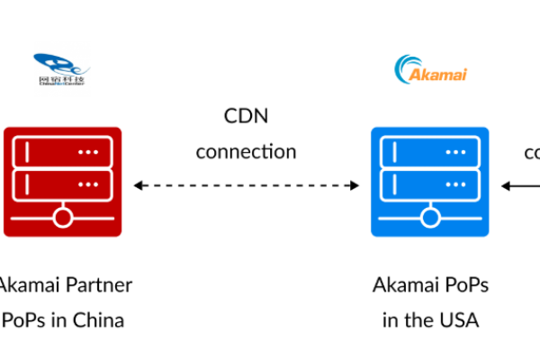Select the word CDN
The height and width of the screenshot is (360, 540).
[246, 116]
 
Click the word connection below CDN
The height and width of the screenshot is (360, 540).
[246, 150]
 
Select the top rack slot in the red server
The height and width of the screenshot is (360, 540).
[62, 153]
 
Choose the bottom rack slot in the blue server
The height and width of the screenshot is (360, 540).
[429, 185]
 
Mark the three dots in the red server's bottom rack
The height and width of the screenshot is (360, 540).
[87, 185]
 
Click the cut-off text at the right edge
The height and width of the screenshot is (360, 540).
[532, 151]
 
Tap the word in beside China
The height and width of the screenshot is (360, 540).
[53, 319]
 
